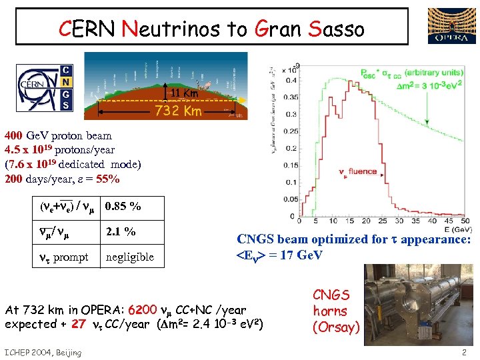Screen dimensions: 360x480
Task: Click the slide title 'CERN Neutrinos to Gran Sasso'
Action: click(x=212, y=28)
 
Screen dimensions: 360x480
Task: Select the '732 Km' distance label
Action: click(x=178, y=111)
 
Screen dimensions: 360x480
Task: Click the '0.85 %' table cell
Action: click(x=123, y=206)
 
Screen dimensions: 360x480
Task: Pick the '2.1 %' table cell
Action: click(x=121, y=231)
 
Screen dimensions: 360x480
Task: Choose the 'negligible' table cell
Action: click(x=130, y=257)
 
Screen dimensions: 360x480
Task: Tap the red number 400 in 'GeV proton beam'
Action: click(x=15, y=135)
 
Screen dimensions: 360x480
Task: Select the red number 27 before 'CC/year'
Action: click(x=78, y=324)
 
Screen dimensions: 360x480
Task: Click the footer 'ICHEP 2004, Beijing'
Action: click(x=43, y=352)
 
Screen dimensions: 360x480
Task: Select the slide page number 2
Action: click(x=463, y=351)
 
